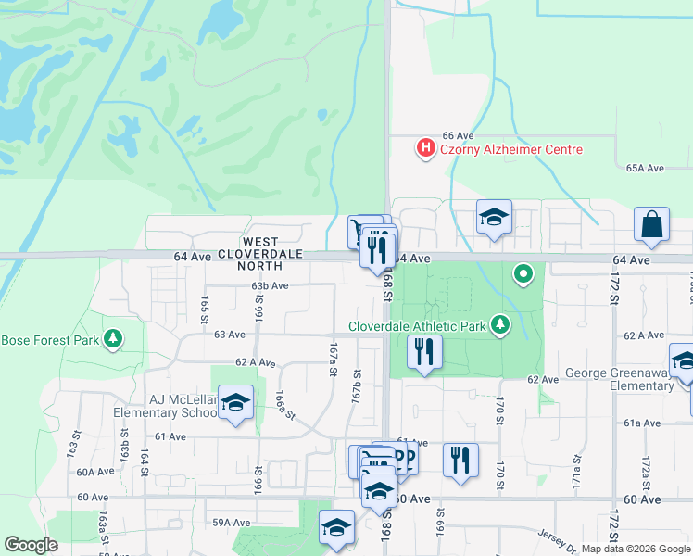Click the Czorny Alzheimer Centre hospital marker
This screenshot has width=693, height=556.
click(425, 148)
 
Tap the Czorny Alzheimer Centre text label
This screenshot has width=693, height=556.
click(511, 149)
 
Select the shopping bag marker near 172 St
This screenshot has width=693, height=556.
click(652, 224)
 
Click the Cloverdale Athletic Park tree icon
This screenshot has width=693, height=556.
click(501, 324)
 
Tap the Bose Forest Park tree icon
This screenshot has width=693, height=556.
click(114, 339)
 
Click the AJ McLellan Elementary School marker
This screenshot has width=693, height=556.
click(236, 403)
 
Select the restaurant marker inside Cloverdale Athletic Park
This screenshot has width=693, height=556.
click(424, 352)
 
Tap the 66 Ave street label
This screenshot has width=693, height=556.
click(458, 135)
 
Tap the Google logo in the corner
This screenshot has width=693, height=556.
click(31, 544)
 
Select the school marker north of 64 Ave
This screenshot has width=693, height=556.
click(494, 218)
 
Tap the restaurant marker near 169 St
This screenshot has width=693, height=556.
click(460, 461)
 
